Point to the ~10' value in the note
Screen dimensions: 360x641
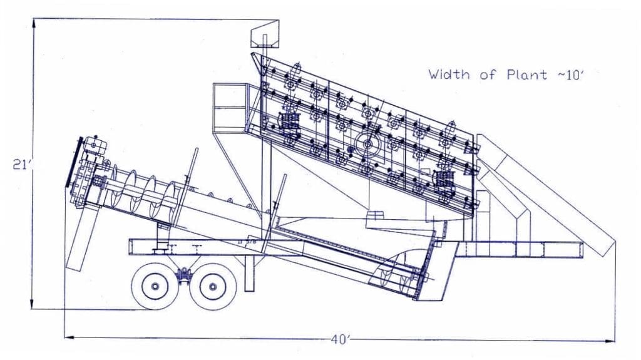pyautogui.click(x=565, y=75)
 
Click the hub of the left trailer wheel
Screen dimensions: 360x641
pyautogui.click(x=153, y=287)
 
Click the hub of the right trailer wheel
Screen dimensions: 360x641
pyautogui.click(x=212, y=287)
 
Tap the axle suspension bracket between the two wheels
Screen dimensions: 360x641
pyautogui.click(x=183, y=274)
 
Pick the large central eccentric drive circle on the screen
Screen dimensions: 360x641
pyautogui.click(x=366, y=143)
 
